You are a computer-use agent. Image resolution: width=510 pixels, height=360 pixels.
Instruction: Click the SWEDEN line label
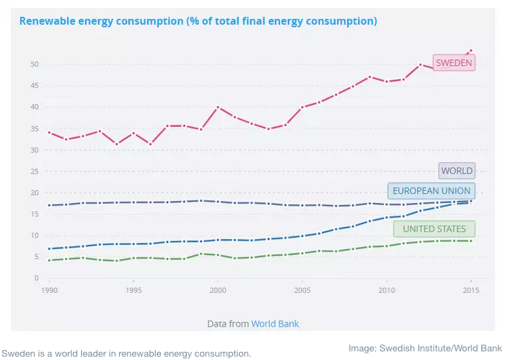tap(453, 63)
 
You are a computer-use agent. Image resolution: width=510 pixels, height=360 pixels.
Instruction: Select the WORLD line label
tap(456, 170)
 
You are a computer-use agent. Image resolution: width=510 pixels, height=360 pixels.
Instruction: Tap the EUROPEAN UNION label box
tap(431, 191)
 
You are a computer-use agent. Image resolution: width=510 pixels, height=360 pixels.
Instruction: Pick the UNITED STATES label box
tap(434, 229)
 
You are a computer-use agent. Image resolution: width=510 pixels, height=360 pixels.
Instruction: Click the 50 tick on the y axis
tap(35, 65)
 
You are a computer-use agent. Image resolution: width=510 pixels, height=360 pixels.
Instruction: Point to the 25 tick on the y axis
tap(35, 171)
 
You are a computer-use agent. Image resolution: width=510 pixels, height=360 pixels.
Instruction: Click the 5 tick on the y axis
tap(37, 257)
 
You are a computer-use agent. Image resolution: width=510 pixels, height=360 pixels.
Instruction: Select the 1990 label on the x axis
tap(49, 290)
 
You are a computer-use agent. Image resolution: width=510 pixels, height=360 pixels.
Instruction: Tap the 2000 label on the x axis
tap(217, 290)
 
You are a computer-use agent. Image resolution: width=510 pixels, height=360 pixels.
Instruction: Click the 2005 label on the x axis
tap(302, 290)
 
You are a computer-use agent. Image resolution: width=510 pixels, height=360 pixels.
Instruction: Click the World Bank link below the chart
tap(275, 323)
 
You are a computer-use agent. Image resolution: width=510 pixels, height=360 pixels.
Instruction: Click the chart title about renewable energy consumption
tap(198, 21)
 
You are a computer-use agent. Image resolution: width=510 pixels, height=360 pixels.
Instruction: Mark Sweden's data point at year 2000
tap(217, 107)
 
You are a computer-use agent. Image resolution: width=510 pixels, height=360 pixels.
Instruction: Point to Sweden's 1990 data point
tap(49, 132)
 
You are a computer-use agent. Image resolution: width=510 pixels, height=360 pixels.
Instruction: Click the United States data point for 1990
tap(49, 260)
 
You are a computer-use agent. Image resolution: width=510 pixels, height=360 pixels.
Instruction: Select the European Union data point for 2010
tap(386, 218)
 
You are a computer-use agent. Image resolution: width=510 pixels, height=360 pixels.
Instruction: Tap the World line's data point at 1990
tap(49, 205)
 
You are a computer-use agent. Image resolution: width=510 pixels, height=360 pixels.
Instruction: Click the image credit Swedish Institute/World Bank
tap(425, 348)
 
